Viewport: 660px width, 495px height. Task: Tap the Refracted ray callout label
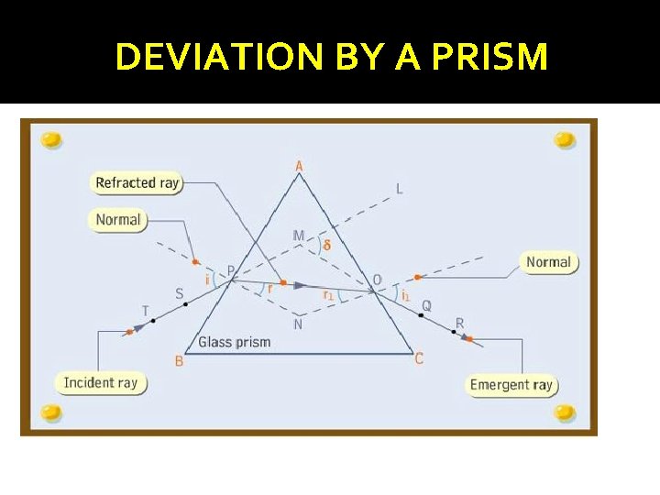(137, 182)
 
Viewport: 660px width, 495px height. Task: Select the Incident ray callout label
(101, 382)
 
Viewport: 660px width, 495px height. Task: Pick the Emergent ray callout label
(511, 384)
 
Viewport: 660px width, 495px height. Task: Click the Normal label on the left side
(118, 220)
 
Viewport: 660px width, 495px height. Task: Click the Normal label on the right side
(548, 262)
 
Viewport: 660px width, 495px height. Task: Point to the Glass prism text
(235, 342)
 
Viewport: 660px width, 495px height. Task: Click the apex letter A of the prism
(299, 166)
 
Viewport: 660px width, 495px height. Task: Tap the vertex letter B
(179, 361)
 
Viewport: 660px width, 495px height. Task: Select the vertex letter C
(419, 358)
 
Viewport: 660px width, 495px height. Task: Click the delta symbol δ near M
(327, 245)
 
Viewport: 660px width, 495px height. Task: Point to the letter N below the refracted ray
(298, 324)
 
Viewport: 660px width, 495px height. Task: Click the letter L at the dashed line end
(399, 189)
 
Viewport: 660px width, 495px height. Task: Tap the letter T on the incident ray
(146, 310)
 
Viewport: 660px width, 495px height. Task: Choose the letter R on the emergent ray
(459, 323)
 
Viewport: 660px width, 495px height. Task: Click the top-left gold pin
(51, 139)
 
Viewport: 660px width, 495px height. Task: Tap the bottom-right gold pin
(565, 412)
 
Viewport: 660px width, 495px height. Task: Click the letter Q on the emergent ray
(426, 305)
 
